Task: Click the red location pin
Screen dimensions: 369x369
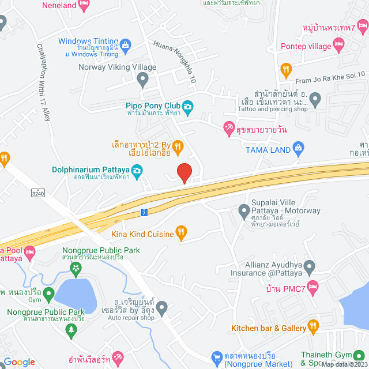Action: pos(184,172)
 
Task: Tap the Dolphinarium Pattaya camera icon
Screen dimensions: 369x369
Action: pos(137,170)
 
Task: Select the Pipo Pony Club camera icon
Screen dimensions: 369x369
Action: pos(187,106)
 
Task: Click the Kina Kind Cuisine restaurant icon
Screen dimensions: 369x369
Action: pos(181,233)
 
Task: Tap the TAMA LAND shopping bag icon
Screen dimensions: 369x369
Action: pos(298,148)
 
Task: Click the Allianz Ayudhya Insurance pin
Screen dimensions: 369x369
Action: pos(310,268)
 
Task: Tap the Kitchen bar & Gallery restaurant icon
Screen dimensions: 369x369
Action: pos(313,327)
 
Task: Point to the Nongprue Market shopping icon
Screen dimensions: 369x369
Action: pos(217,357)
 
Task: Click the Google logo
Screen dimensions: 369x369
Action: pos(18,362)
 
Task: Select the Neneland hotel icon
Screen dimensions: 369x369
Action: pos(84,5)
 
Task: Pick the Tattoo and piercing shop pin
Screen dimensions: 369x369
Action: pos(315,101)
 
